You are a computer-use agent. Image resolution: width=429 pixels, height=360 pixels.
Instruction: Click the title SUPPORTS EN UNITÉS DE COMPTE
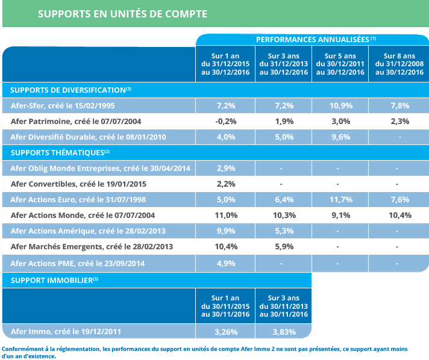[x=122, y=14]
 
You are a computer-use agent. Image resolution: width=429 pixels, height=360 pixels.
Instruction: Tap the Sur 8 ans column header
[x=399, y=64]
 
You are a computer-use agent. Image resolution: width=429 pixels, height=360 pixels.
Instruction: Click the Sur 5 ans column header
[x=340, y=64]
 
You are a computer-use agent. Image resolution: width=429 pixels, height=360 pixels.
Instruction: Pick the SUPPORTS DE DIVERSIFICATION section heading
[x=70, y=90]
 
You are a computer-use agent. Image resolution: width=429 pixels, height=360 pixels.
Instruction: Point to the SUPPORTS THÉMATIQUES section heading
[x=60, y=152]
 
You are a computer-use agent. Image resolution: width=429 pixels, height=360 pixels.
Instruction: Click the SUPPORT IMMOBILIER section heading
[x=54, y=280]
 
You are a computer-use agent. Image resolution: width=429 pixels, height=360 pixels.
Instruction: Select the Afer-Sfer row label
[x=63, y=106]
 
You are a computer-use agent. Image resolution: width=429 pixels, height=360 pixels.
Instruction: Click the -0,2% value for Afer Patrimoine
[x=226, y=122]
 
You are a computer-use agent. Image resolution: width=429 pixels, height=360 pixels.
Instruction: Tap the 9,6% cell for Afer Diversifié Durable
[x=341, y=137]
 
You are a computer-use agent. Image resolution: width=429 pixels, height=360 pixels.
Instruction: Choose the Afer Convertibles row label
[x=78, y=184]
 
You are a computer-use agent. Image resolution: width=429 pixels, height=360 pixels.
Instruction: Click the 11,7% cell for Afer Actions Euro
[x=341, y=199]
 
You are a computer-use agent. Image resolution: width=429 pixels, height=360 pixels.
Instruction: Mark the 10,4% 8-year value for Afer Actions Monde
[x=400, y=216]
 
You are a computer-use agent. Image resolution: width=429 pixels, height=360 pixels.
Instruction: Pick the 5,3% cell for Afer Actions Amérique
[x=284, y=231]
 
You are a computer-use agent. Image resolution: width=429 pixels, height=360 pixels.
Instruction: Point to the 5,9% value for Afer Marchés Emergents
[x=284, y=247]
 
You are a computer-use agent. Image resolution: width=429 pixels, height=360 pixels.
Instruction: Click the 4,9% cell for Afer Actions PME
[x=226, y=264]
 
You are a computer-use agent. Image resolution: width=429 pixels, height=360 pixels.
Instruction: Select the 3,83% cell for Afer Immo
[x=284, y=332]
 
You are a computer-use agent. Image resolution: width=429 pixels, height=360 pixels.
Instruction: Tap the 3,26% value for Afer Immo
[x=226, y=332]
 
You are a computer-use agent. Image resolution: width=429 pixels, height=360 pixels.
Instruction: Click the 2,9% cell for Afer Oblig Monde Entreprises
[x=226, y=169]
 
